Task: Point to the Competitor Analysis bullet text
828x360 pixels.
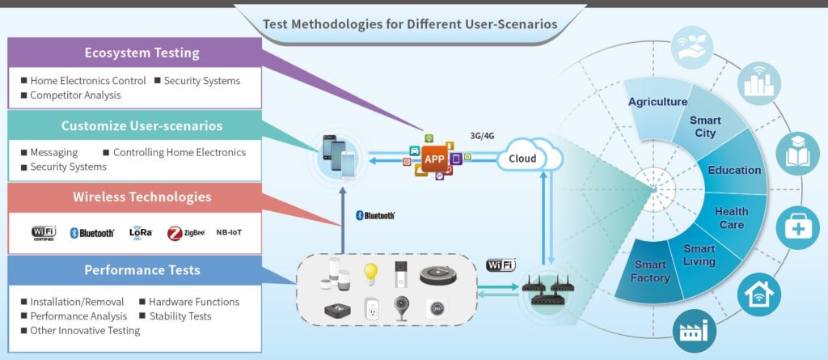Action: [75, 95]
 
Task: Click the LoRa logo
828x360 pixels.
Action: [141, 232]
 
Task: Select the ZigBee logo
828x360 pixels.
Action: [186, 233]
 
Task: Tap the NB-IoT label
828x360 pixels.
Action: [229, 232]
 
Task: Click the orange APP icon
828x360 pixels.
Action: [434, 159]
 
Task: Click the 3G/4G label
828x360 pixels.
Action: [482, 135]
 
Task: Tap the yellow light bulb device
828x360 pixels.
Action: [370, 272]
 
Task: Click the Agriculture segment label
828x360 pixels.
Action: [657, 102]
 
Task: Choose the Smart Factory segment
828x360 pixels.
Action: [651, 271]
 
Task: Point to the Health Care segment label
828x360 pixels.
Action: [731, 218]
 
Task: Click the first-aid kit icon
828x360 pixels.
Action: [797, 228]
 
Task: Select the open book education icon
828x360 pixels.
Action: [798, 154]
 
